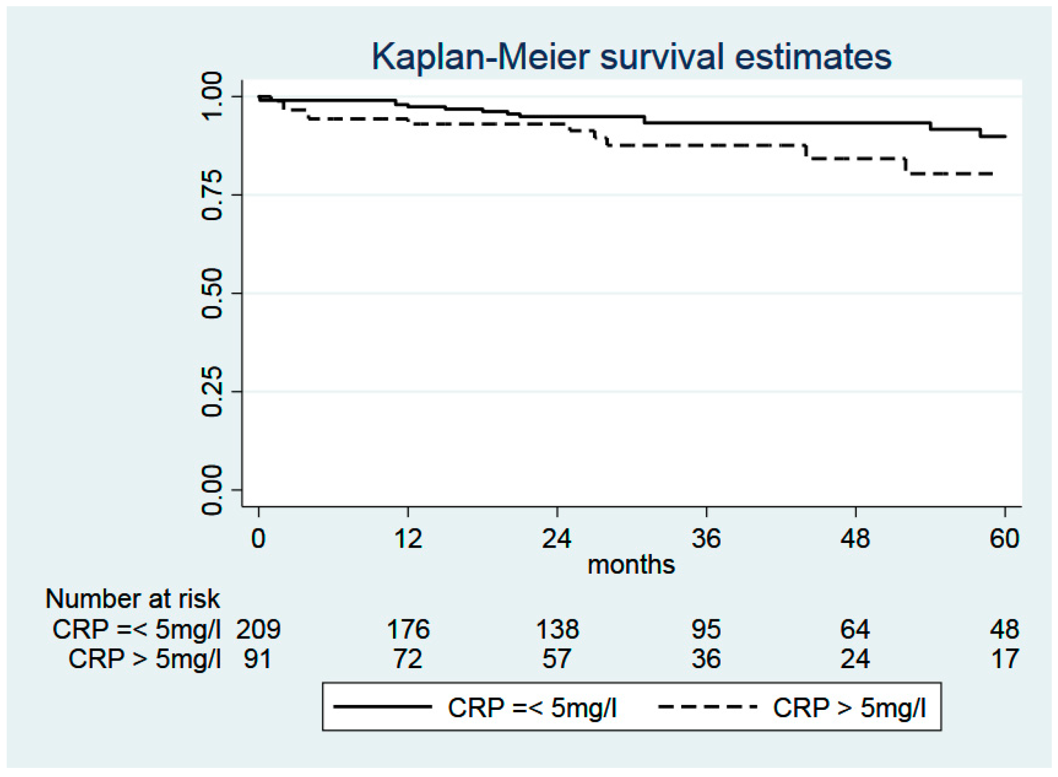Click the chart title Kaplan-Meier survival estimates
[x=631, y=57]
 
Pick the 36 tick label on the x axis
[x=706, y=539]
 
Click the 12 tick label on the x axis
[x=408, y=539]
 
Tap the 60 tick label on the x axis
[x=1005, y=539]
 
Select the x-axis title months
[x=631, y=565]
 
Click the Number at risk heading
[x=132, y=599]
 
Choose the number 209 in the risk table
[x=258, y=629]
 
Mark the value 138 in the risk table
[x=558, y=629]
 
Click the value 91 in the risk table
[x=258, y=659]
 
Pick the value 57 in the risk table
[x=557, y=659]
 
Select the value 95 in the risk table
[x=706, y=629]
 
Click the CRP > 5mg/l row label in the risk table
[x=145, y=659]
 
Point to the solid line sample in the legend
[x=383, y=706]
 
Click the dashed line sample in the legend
[x=708, y=706]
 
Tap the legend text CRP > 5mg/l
[x=849, y=708]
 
